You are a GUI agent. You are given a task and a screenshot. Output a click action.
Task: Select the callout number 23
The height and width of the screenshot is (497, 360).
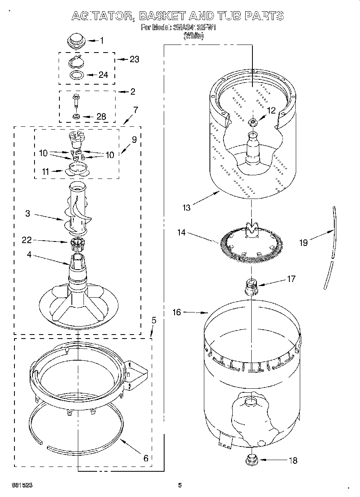point(134,59)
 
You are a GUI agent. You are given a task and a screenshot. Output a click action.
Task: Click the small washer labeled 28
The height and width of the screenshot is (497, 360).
point(76,116)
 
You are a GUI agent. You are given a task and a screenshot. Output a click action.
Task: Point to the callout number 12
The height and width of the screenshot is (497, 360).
point(272,110)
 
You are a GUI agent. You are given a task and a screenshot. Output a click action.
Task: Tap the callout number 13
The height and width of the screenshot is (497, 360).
point(186,207)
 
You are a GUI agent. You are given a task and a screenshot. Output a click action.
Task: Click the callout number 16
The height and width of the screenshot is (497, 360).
point(177,312)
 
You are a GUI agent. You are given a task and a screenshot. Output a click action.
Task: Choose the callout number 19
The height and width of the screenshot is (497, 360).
point(303,242)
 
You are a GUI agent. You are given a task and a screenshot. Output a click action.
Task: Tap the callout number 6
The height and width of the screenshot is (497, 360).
point(146,458)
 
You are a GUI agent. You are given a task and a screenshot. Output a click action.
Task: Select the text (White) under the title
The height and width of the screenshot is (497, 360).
point(193,36)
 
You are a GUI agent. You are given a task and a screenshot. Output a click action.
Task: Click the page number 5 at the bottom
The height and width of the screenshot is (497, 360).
point(180,485)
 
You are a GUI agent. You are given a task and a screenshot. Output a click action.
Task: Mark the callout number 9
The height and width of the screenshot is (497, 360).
point(134,140)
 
